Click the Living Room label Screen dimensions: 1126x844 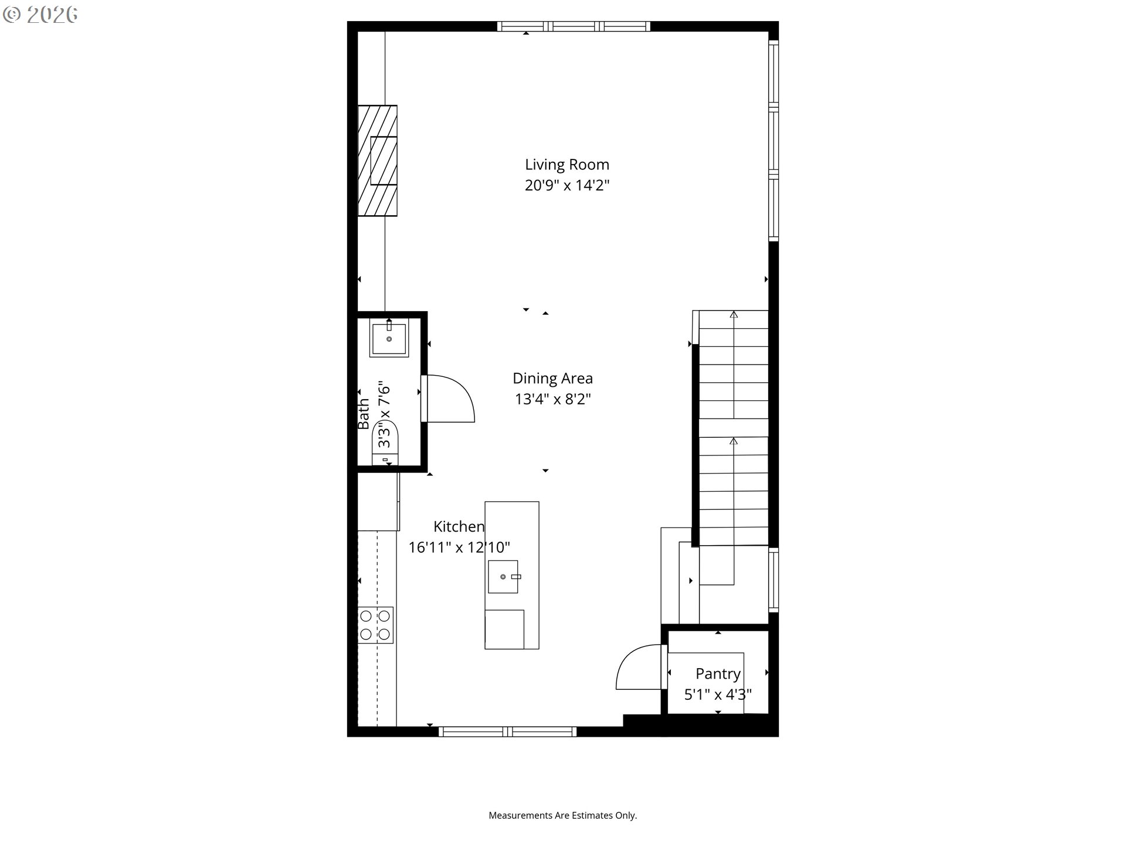click(x=567, y=165)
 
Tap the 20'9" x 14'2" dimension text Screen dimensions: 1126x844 click(x=567, y=185)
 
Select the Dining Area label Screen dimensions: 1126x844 click(x=552, y=379)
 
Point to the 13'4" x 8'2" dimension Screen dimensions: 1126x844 click(x=552, y=399)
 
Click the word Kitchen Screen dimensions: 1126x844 click(x=459, y=526)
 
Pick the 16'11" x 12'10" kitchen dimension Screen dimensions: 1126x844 click(x=459, y=547)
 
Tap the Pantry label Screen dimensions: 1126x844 click(x=718, y=674)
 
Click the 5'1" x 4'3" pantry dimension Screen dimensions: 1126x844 click(x=718, y=695)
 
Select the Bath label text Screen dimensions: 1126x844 click(x=364, y=414)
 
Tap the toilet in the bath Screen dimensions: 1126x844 click(x=385, y=444)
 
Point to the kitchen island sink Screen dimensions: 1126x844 click(x=503, y=576)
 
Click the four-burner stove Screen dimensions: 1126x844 click(x=375, y=625)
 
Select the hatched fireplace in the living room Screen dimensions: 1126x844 click(x=377, y=161)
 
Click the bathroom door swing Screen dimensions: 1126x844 click(x=448, y=399)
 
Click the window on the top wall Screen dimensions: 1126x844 click(x=574, y=26)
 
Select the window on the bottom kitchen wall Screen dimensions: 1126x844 click(x=508, y=731)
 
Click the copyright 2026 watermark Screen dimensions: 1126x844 click(x=40, y=15)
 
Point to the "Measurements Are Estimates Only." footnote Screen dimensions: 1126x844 click(x=563, y=815)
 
